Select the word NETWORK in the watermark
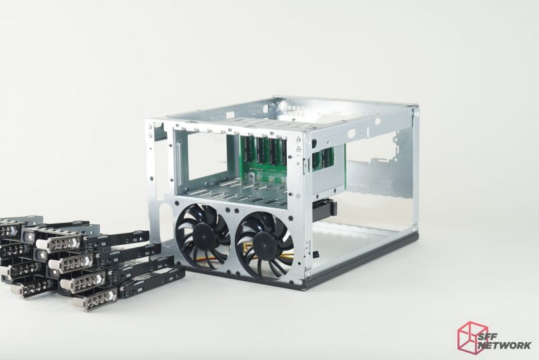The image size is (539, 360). click(505, 345)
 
